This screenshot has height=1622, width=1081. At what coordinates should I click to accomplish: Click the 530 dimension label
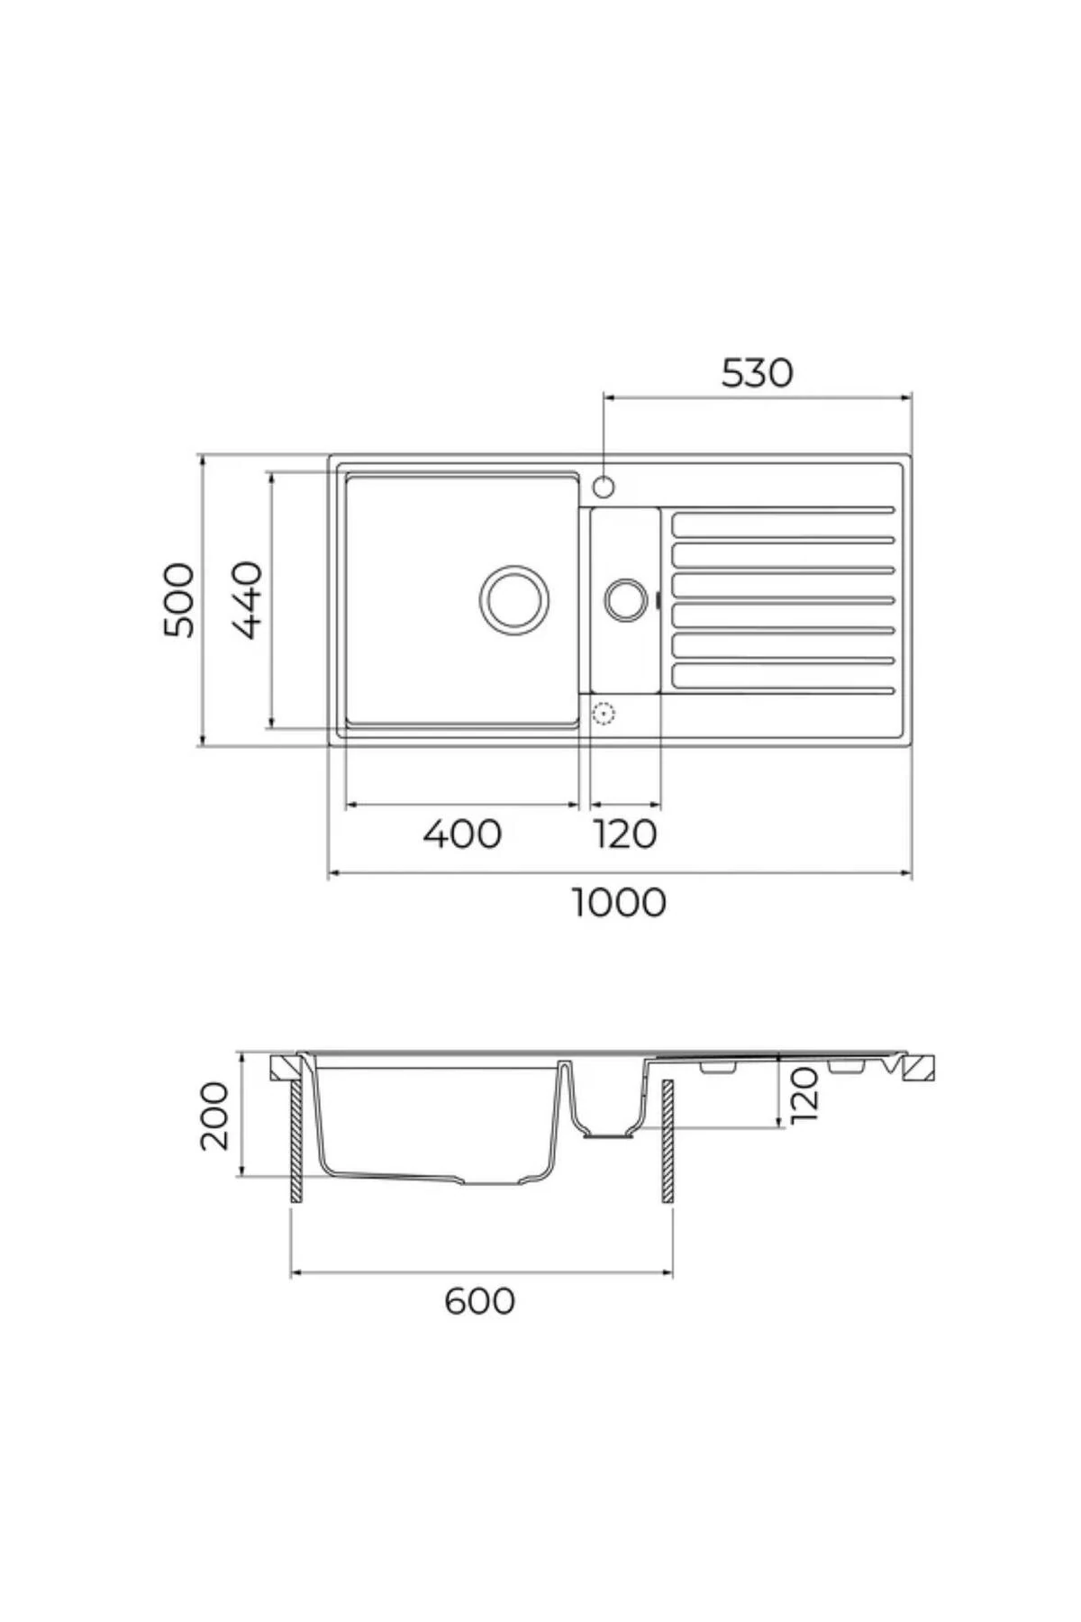(x=757, y=373)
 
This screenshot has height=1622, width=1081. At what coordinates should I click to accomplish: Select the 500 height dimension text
(x=178, y=600)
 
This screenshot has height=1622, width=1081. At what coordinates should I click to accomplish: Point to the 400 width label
(x=462, y=834)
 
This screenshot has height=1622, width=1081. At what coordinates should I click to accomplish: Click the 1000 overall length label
(x=620, y=902)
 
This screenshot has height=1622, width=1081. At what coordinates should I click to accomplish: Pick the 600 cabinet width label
(x=480, y=1301)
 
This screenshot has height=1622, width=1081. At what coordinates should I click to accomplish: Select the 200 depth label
(x=214, y=1116)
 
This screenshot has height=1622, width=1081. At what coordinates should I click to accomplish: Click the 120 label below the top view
(x=625, y=834)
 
